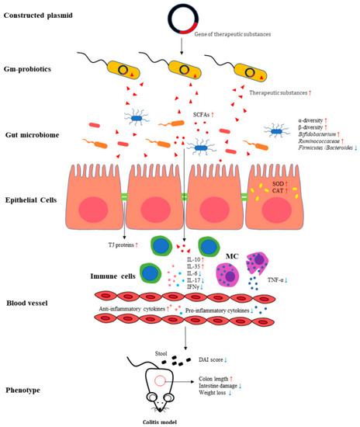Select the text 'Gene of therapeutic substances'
(x=230, y=35)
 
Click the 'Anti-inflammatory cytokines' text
(x=131, y=309)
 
